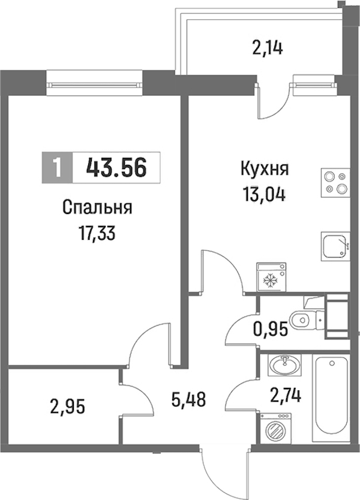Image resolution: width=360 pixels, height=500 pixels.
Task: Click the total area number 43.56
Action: click(x=116, y=168)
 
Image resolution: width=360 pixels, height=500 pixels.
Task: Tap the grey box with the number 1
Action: click(x=58, y=168)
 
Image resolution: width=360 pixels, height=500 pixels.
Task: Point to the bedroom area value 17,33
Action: click(x=97, y=234)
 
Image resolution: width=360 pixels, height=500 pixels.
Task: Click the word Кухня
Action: click(x=265, y=169)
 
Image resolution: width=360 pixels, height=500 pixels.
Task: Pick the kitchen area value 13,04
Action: click(x=264, y=194)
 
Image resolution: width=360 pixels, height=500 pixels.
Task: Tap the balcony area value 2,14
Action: click(x=268, y=49)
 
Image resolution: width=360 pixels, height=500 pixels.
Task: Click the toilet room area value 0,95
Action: click(x=271, y=329)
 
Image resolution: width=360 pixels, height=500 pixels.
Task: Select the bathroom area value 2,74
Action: click(x=286, y=397)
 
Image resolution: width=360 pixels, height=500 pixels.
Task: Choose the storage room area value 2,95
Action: click(x=68, y=407)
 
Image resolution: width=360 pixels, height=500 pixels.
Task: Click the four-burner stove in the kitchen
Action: click(x=335, y=183)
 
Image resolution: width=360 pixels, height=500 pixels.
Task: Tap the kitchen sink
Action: click(x=335, y=246)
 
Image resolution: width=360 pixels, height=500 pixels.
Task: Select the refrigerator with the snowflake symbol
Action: click(x=272, y=277)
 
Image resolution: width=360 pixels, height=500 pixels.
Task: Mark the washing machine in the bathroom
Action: click(x=275, y=428)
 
